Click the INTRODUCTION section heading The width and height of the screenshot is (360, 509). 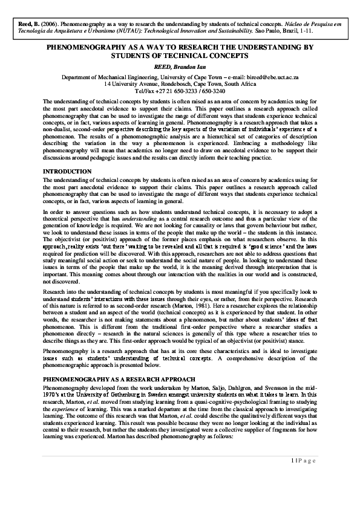point(67,172)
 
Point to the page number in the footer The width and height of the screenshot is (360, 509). point(293,478)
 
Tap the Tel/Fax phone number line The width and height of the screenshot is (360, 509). point(180,92)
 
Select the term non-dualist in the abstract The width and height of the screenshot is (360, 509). point(57,131)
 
